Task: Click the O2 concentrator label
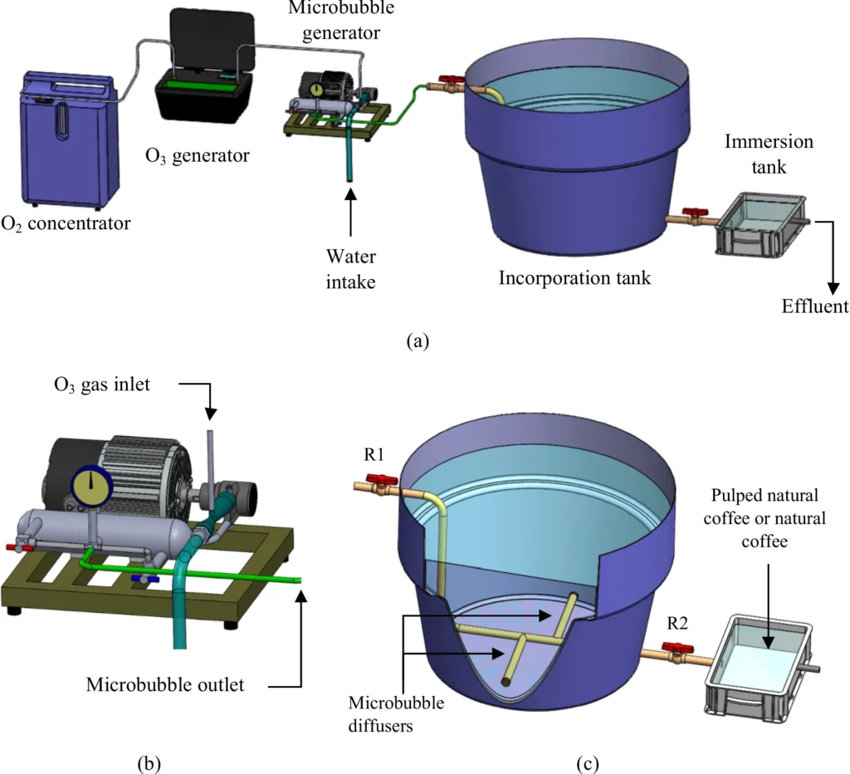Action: click(66, 223)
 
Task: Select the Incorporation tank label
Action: click(574, 278)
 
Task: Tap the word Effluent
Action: click(814, 306)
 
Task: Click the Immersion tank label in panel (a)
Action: click(768, 154)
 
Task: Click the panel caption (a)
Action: click(418, 340)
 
